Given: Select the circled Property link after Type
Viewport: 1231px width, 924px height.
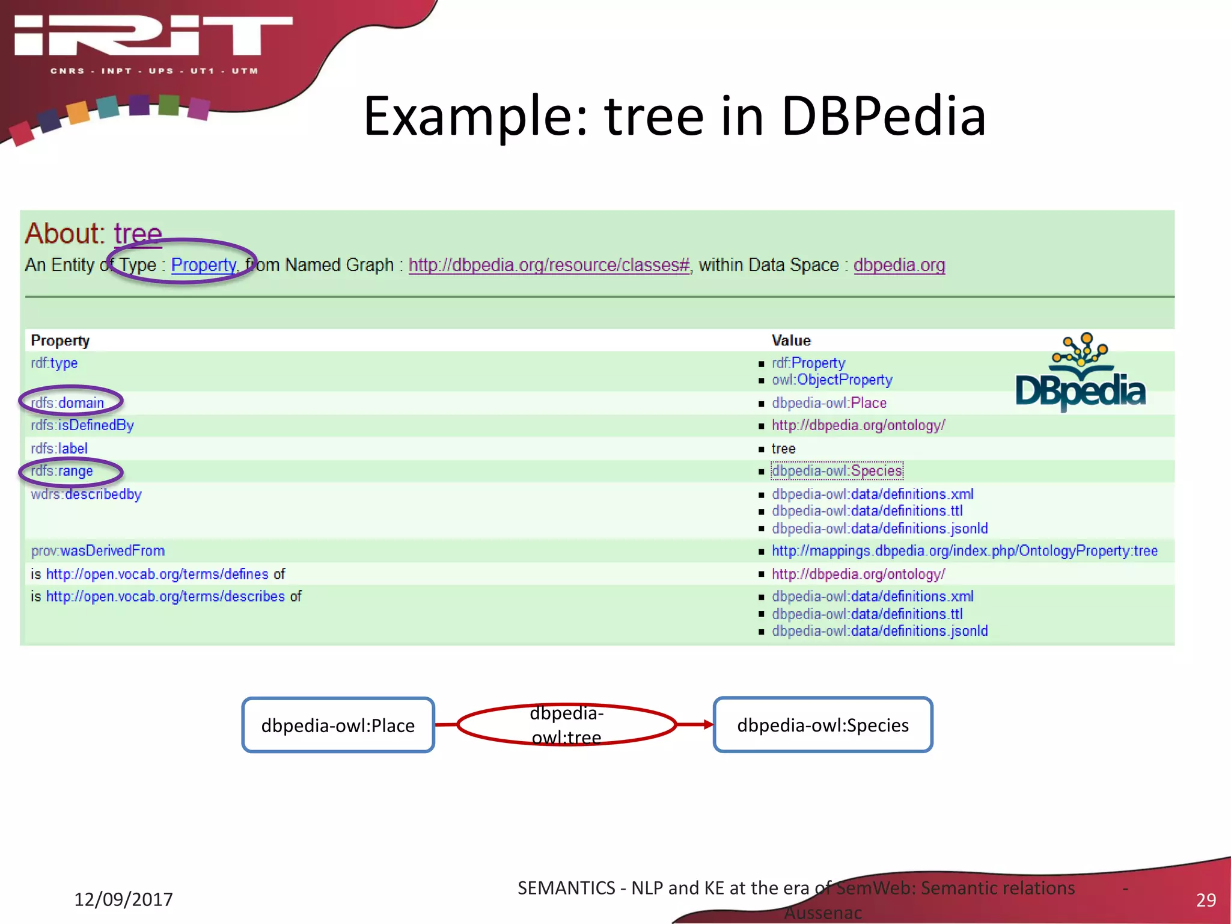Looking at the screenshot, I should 203,265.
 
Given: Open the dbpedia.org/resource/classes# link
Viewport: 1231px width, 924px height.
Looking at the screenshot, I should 549,265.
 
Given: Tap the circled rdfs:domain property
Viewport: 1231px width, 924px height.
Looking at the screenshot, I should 68,402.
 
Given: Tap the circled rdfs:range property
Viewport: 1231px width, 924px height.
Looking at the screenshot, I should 63,471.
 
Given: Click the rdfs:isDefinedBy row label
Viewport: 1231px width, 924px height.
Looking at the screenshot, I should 82,425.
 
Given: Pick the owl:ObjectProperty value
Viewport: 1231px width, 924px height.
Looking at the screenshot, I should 832,380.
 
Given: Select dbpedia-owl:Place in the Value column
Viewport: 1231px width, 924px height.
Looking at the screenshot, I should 829,403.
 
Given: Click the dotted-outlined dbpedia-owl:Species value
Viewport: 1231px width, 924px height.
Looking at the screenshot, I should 837,471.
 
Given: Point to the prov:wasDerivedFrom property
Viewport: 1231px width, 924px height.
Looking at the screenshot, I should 98,551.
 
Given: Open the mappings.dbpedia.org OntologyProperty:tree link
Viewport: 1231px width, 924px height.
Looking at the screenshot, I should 964,551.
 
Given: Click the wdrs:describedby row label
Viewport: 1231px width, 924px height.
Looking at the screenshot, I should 87,494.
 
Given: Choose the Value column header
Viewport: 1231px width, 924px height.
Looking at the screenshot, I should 791,340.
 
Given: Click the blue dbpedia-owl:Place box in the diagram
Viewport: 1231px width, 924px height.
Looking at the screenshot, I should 338,725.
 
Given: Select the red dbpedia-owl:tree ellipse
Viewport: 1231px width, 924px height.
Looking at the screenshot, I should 566,725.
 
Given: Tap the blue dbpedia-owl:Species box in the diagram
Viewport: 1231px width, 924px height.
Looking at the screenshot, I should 822,725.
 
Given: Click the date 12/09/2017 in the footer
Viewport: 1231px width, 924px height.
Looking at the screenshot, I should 123,899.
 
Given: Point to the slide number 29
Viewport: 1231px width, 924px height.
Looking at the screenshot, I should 1206,900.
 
